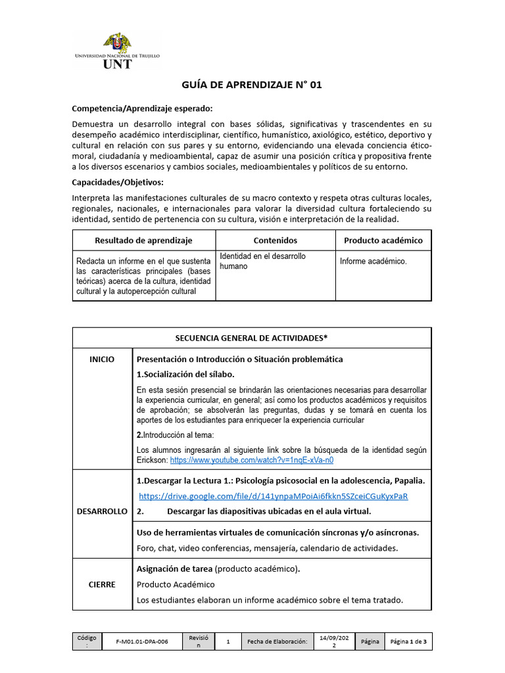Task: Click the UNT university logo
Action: [117, 51]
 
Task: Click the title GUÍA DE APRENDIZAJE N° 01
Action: [252, 85]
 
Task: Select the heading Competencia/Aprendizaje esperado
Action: [142, 108]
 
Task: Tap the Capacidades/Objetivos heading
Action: [118, 182]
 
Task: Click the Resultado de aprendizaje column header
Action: [143, 241]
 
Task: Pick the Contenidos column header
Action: [275, 241]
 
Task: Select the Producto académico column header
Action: [383, 241]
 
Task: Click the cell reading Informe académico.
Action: [373, 261]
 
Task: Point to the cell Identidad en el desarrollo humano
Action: [262, 261]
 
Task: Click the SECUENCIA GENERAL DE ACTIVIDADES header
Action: [251, 338]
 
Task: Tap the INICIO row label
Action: [102, 360]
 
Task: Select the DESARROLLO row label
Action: [102, 511]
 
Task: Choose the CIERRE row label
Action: [102, 584]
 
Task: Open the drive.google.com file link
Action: [274, 496]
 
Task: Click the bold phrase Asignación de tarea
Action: [174, 569]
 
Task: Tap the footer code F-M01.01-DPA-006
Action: [141, 641]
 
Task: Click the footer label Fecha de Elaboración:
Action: [277, 641]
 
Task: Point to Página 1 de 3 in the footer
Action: [408, 641]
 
